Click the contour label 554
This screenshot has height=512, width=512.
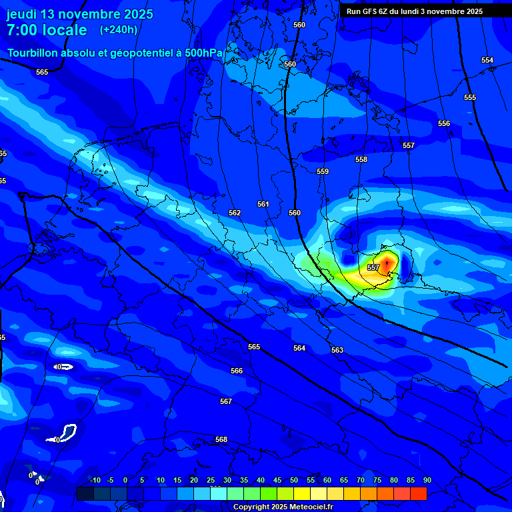click(x=487, y=61)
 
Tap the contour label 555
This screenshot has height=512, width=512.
click(x=470, y=98)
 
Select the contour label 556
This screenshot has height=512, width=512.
click(x=444, y=124)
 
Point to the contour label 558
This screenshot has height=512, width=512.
click(x=361, y=160)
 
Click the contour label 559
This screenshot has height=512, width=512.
click(x=323, y=172)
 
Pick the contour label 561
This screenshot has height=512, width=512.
click(x=263, y=205)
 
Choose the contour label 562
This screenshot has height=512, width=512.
click(x=235, y=213)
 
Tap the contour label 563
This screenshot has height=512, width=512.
click(x=337, y=351)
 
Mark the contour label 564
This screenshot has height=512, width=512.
click(x=299, y=349)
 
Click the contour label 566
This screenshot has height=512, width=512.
click(x=237, y=371)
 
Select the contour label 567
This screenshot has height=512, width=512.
click(x=226, y=402)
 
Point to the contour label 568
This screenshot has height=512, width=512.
click(x=221, y=440)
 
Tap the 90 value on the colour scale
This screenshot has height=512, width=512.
click(x=427, y=481)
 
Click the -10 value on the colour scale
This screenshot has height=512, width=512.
click(x=95, y=481)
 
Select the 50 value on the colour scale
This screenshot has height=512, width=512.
click(x=294, y=481)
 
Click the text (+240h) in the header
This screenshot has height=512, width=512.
click(x=119, y=30)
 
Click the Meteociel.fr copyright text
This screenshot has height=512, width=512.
click(x=283, y=507)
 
